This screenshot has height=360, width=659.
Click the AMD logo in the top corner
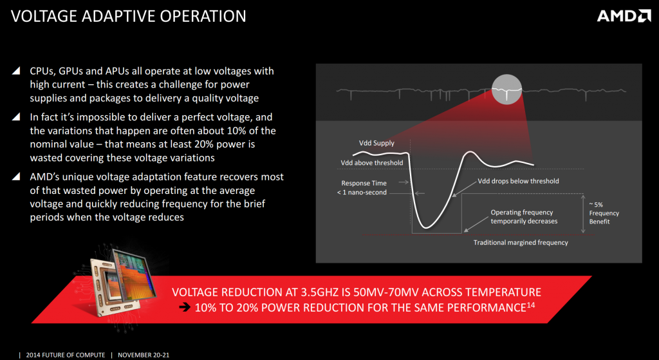[624, 16]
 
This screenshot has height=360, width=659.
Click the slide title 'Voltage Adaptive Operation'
[129, 16]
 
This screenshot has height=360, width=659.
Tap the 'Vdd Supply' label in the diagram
[376, 143]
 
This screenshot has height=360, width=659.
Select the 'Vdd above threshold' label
[372, 163]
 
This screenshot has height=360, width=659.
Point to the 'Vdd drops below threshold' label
[519, 181]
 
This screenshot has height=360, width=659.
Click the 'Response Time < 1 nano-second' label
[364, 187]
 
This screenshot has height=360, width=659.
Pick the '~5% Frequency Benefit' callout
[604, 213]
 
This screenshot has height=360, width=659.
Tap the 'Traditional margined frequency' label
[521, 243]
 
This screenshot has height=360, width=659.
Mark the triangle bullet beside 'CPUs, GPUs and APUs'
[16, 71]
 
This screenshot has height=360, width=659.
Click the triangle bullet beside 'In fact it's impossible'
[16, 117]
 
